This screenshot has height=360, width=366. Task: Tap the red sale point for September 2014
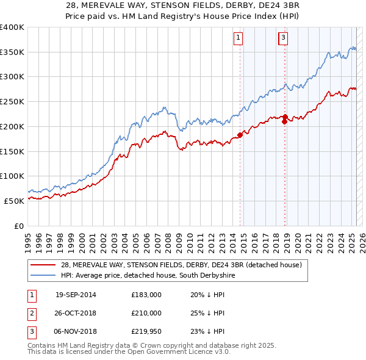coord(240,135)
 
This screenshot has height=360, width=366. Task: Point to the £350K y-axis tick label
coord(12,52)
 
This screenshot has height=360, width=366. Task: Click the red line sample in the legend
coord(43,265)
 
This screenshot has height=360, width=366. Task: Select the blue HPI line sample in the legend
coord(43,276)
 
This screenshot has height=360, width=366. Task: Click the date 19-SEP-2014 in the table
coord(76,295)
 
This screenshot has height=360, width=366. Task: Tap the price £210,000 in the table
coord(146,313)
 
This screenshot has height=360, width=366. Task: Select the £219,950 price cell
coord(146,331)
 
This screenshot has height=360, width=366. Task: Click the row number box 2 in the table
coord(30,313)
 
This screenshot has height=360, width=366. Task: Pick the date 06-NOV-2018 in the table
coord(76,331)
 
